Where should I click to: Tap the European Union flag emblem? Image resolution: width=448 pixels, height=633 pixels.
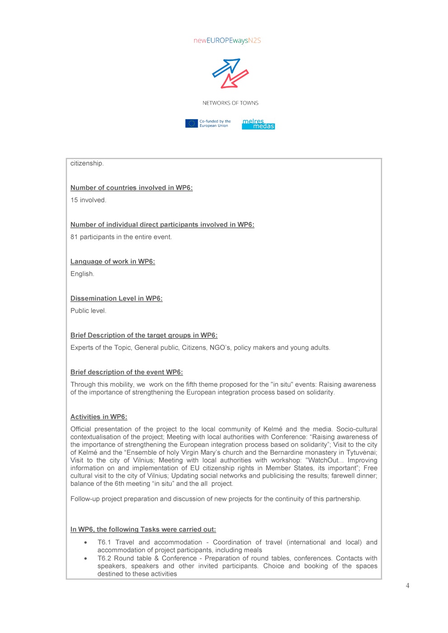[x=191, y=123]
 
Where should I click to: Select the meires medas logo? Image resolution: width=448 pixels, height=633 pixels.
[x=258, y=124]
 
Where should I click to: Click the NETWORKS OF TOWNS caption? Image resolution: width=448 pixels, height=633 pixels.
[x=230, y=103]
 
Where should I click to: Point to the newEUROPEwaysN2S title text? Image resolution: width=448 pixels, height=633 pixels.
[x=227, y=41]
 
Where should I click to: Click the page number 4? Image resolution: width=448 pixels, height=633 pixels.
[x=407, y=586]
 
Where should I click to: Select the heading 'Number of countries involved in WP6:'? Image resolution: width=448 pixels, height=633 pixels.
[x=131, y=188]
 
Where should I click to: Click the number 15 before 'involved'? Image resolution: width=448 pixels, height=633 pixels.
[x=74, y=200]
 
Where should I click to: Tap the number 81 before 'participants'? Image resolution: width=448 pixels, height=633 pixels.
[x=74, y=237]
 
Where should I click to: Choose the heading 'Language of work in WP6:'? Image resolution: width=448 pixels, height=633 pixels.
[x=112, y=261]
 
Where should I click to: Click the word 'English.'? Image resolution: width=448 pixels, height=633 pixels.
[x=82, y=274]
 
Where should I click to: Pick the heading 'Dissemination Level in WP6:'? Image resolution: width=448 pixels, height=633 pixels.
[x=116, y=298]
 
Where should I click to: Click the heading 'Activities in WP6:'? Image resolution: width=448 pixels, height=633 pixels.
[x=98, y=417]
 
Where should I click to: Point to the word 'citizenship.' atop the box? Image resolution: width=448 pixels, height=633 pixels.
[x=87, y=163]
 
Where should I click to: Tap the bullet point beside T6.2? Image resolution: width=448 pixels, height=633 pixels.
[x=85, y=558]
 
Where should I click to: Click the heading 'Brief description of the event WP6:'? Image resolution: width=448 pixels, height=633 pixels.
[x=126, y=372]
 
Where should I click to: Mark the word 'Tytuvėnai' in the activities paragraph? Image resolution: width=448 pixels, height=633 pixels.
[x=361, y=453]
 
